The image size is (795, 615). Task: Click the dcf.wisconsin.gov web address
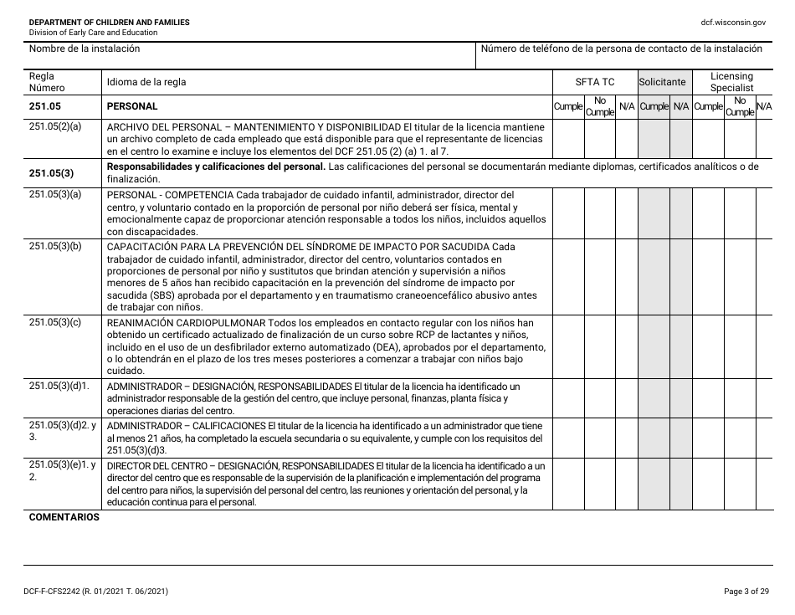pos(734,22)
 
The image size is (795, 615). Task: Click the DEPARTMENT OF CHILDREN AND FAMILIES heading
pos(109,22)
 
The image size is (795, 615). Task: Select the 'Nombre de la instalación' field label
pos(85,49)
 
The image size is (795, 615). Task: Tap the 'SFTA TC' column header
pos(594,82)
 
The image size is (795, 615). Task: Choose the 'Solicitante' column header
pos(662,82)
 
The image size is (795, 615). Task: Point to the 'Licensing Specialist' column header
pos(731,81)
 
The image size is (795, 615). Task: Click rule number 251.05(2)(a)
pos(55,126)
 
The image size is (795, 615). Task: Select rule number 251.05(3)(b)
pos(55,247)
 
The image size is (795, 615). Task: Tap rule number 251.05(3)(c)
pos(55,322)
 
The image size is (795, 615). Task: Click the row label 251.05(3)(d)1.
pos(59,386)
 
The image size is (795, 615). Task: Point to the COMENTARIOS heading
pos(64,517)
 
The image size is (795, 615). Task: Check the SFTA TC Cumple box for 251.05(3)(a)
pos(568,213)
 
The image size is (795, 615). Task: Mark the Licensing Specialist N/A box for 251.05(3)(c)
pos(764,346)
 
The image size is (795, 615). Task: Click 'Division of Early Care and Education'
pos(93,33)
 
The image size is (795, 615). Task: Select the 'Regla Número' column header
pos(47,82)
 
